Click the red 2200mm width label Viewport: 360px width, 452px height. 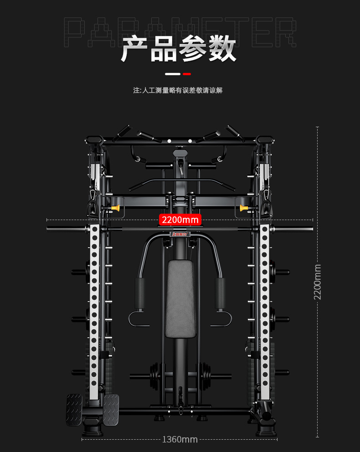click(x=180, y=220)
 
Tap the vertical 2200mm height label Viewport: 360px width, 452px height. click(x=318, y=282)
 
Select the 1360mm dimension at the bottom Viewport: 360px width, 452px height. click(x=180, y=439)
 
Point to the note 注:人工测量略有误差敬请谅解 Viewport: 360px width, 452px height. click(x=178, y=90)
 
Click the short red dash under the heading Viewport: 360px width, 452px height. click(x=187, y=74)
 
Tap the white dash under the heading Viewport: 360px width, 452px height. click(x=173, y=74)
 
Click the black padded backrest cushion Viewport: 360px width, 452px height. click(x=180, y=298)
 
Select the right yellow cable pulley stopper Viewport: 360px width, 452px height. click(x=243, y=208)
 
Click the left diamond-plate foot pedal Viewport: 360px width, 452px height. click(x=74, y=410)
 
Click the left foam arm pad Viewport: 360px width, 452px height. click(x=139, y=293)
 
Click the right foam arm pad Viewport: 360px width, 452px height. click(x=220, y=293)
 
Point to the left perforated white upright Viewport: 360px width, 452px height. click(x=94, y=310)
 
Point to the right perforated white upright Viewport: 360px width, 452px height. click(x=264, y=310)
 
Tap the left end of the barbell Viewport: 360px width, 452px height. click(x=50, y=228)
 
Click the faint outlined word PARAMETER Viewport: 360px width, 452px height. click(x=180, y=32)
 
